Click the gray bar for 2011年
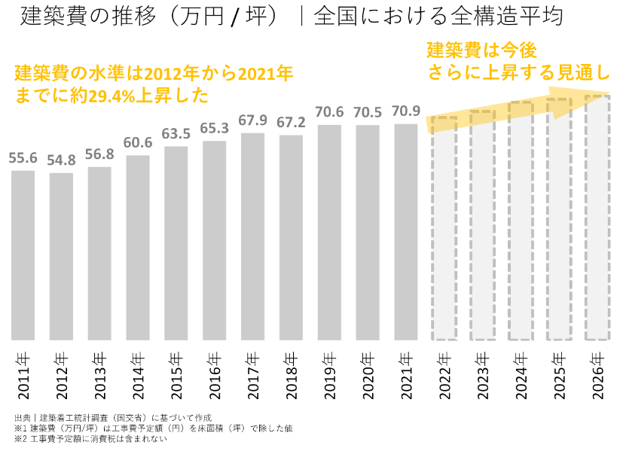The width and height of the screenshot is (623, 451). click(x=23, y=254)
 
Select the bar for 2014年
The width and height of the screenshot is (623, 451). click(x=138, y=247)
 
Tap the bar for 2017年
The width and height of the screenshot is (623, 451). click(x=252, y=236)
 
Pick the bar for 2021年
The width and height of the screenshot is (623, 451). click(x=405, y=231)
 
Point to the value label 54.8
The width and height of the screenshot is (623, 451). click(x=62, y=161)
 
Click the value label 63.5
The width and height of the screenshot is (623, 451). click(x=176, y=134)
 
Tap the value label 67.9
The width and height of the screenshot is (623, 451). click(x=252, y=120)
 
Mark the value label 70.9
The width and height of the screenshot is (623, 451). click(x=405, y=111)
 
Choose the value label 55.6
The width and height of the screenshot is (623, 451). click(x=23, y=158)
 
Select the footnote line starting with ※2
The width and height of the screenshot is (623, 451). click(x=90, y=439)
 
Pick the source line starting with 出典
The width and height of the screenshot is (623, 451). click(x=112, y=417)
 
